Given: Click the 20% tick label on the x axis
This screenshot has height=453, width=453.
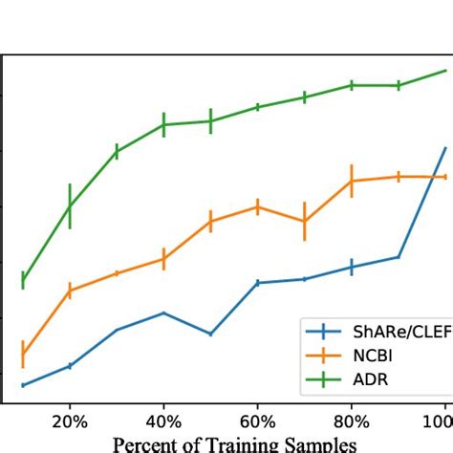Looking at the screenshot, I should tap(69, 421).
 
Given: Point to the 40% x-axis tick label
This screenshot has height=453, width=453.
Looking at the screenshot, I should tap(163, 421).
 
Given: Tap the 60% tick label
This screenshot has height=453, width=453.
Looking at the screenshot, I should tap(257, 421).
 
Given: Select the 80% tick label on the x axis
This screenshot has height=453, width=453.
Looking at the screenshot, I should tap(352, 421).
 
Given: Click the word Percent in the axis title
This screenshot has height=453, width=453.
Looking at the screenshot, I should tap(143, 443).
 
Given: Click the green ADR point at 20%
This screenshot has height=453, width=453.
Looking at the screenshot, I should tap(69, 205).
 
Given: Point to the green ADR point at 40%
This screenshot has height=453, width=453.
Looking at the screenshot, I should tap(163, 125).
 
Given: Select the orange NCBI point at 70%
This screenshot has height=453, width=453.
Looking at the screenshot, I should tap(304, 221).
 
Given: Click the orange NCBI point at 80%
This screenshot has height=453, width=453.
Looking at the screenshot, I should tap(352, 181).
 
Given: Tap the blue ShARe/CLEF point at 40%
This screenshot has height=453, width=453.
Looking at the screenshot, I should tap(163, 313).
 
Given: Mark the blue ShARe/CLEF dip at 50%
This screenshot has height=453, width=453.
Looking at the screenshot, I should tap(210, 334).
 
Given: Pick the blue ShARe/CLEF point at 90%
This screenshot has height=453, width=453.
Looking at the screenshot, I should tap(399, 257).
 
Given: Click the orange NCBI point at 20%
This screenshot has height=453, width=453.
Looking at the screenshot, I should tap(69, 290).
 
